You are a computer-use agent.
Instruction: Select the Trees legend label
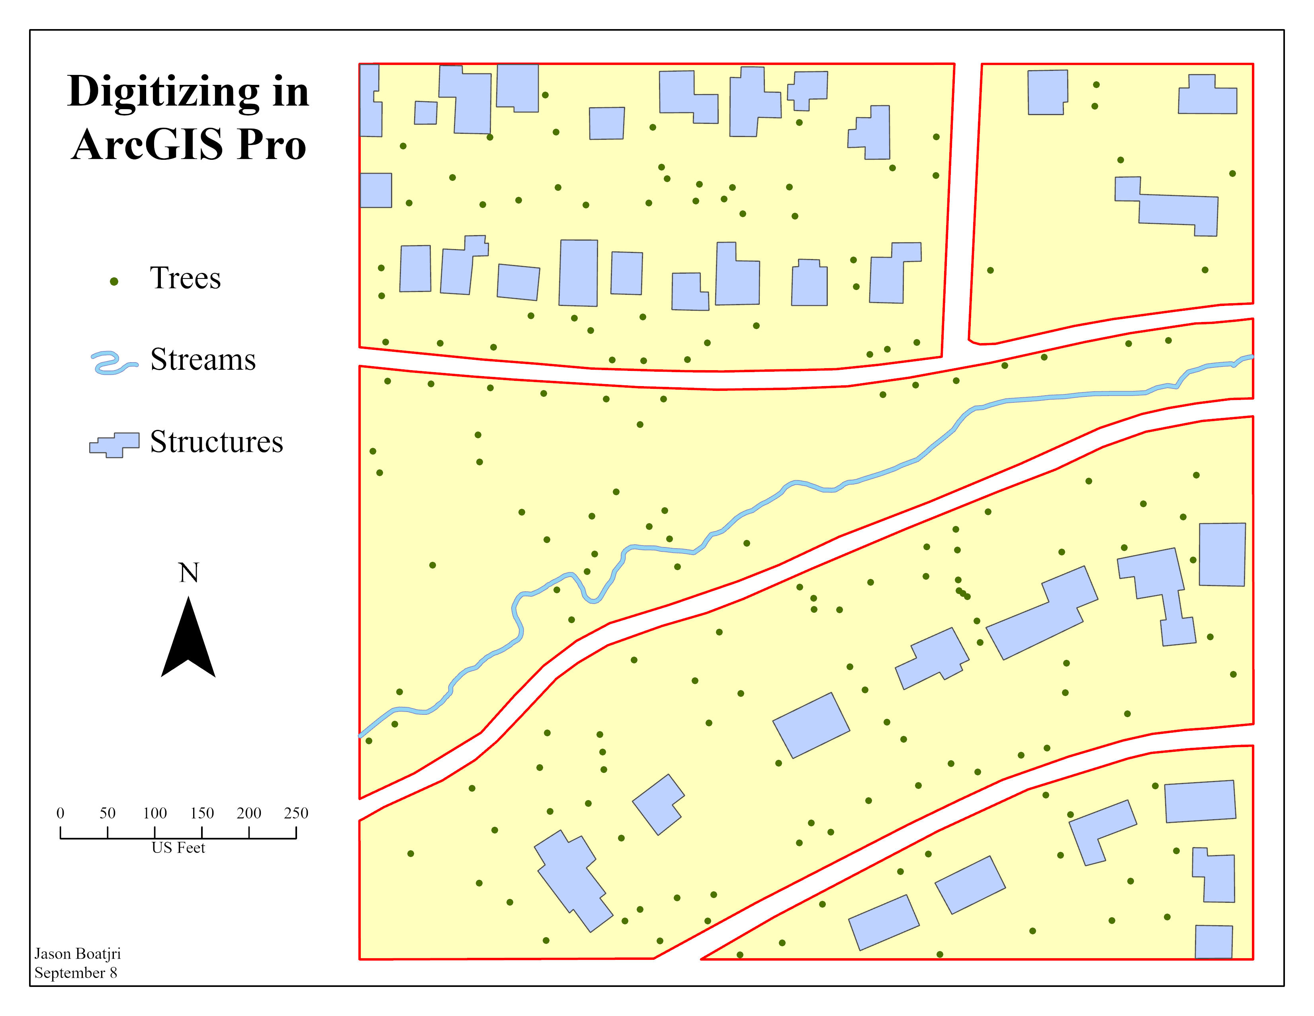point(185,279)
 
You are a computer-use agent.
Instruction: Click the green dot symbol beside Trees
point(114,281)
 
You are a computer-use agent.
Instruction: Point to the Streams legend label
point(203,360)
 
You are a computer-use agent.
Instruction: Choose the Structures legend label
point(216,442)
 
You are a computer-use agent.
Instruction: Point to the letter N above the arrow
point(188,573)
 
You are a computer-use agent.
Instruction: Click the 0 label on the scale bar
point(60,813)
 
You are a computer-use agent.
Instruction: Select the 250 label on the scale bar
point(296,813)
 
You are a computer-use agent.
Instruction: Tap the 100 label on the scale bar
point(154,813)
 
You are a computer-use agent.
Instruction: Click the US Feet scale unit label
point(178,848)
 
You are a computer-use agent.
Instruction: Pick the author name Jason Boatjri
point(78,954)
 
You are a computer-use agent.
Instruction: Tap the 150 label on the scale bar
point(201,813)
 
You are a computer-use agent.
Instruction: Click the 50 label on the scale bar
point(108,813)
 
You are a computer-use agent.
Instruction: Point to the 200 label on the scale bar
point(248,813)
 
